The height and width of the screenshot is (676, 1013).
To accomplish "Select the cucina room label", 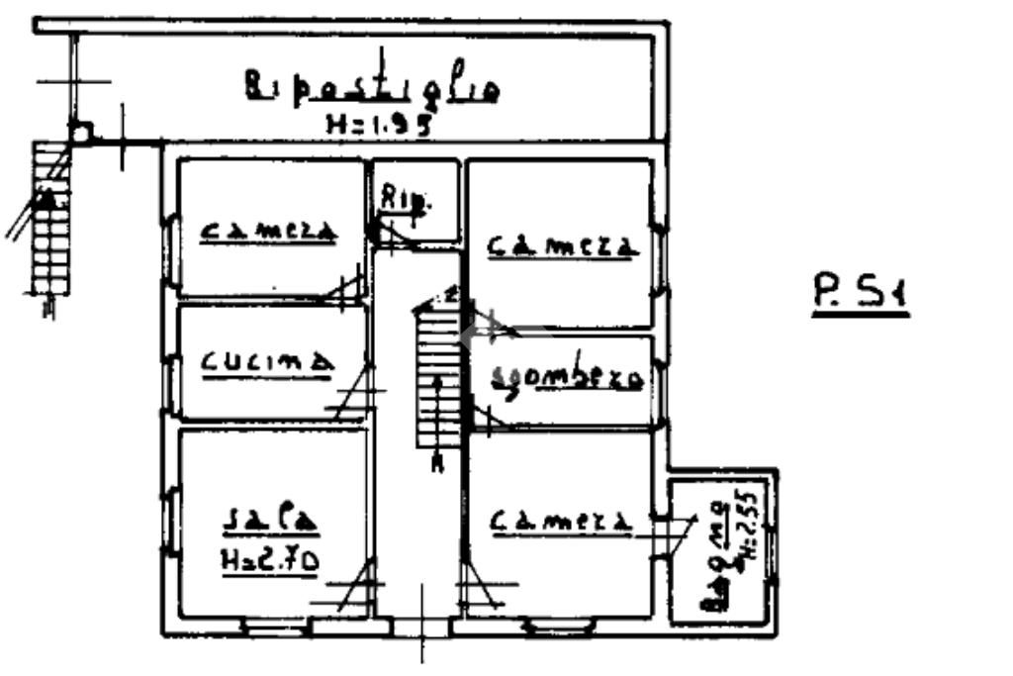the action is [x=265, y=362].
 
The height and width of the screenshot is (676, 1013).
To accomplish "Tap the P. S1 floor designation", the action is [x=860, y=296].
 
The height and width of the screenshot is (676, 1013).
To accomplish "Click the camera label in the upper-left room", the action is [x=269, y=232].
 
